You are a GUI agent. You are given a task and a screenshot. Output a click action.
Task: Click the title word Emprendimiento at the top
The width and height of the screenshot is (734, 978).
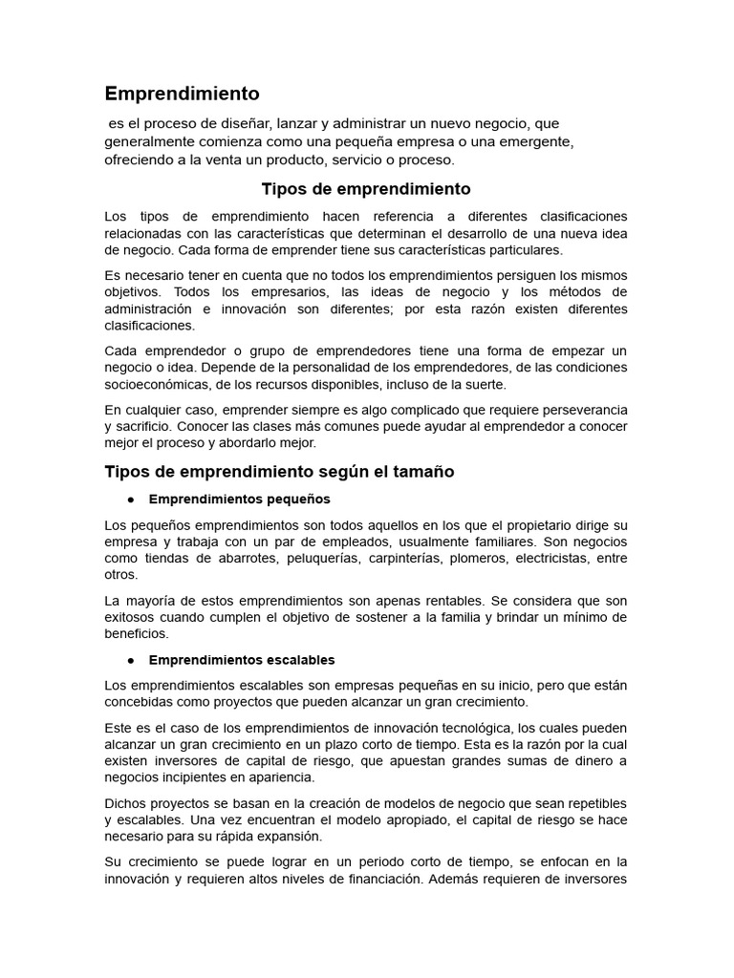182,94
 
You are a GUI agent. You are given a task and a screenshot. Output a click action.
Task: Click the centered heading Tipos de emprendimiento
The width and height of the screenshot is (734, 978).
366,189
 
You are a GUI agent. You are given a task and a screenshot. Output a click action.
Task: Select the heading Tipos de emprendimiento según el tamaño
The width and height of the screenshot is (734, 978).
279,472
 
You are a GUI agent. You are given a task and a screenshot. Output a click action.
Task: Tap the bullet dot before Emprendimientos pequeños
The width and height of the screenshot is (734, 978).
128,500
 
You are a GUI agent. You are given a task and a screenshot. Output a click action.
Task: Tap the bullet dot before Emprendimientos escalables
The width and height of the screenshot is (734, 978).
128,661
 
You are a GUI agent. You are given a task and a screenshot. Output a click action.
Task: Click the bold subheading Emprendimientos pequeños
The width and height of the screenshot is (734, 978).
239,500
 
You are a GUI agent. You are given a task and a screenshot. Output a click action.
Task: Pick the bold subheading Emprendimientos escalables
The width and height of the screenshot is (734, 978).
242,661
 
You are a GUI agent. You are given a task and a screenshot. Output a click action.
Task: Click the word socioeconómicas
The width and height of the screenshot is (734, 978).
161,385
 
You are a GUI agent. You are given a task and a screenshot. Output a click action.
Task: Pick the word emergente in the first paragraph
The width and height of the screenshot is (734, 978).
534,141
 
